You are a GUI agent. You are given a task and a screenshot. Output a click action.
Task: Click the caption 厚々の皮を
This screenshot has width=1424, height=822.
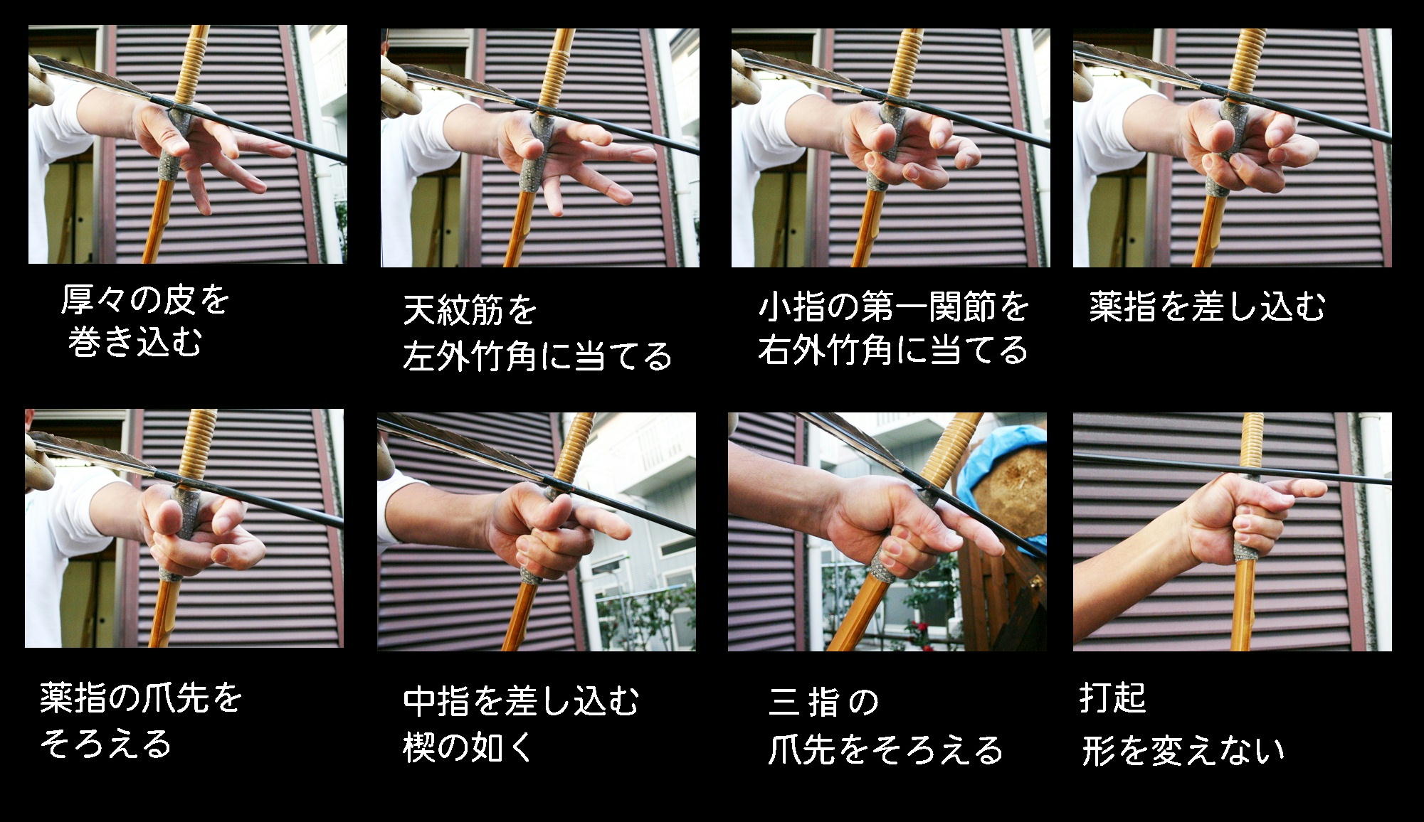pos(145,300)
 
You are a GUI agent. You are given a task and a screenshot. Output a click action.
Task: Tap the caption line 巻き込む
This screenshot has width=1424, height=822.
pos(135,342)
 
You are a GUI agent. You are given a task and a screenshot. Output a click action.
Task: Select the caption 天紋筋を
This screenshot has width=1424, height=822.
pos(470,309)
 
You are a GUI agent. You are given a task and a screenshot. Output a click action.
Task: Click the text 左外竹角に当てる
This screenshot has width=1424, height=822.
pos(537,356)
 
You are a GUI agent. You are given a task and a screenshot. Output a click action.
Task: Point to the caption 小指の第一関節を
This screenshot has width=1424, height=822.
pos(894,306)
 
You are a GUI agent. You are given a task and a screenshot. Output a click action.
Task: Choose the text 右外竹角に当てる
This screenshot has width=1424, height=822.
pos(893,350)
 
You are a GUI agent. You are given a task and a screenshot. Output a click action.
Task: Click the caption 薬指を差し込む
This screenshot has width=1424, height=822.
pos(1207,306)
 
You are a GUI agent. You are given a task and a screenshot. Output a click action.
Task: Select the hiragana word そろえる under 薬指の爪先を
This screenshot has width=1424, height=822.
pos(105,744)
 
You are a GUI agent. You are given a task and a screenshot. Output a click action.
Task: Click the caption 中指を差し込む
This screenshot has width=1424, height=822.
pos(521,700)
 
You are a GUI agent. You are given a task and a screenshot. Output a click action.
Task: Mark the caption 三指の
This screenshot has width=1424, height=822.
pos(823,703)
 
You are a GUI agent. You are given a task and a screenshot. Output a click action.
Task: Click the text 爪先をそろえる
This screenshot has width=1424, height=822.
pos(885,749)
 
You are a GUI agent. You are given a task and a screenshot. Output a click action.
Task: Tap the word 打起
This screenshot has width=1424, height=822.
pos(1113,698)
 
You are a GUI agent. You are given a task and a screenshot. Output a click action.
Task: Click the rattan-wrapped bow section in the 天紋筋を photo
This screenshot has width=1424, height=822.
pos(555,68)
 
